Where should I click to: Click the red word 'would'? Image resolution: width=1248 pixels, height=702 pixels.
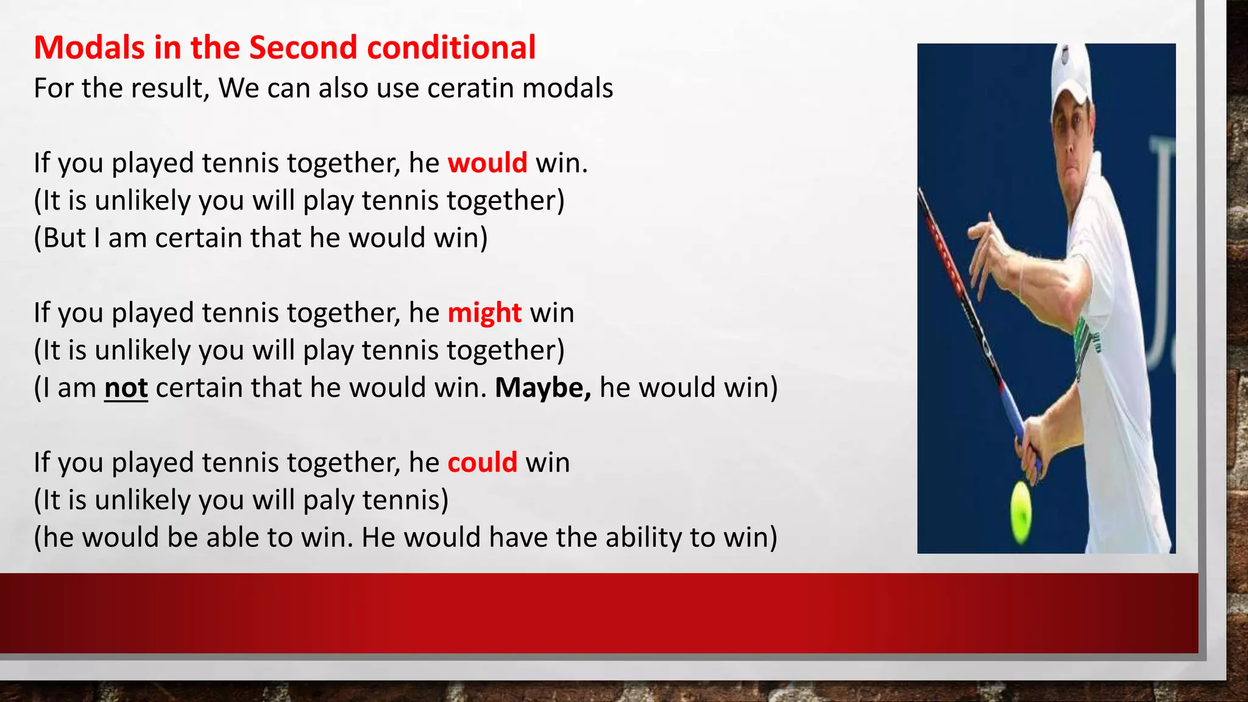(x=487, y=163)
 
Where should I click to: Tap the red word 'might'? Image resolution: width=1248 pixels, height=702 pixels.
(x=484, y=313)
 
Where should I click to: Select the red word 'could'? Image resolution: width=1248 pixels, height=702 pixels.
(x=482, y=463)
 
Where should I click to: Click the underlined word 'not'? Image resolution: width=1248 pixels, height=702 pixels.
(x=126, y=388)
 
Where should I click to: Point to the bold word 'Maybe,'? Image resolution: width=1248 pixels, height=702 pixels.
(x=542, y=388)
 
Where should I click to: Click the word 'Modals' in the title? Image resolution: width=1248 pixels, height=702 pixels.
(x=89, y=48)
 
